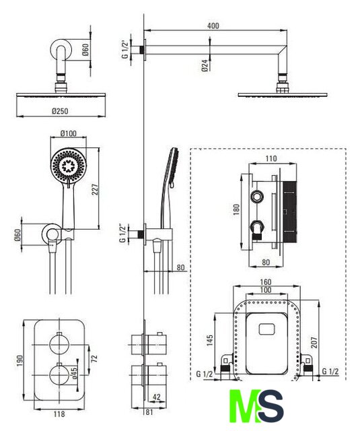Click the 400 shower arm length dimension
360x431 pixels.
pyautogui.click(x=213, y=26)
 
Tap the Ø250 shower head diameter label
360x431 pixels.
pyautogui.click(x=60, y=111)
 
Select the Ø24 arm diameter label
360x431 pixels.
pyautogui.click(x=205, y=66)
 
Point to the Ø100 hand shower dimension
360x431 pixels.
pyautogui.click(x=69, y=133)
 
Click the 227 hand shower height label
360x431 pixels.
pyautogui.click(x=95, y=189)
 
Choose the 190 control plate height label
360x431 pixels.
pyautogui.click(x=20, y=361)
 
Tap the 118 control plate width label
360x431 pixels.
pyautogui.click(x=59, y=413)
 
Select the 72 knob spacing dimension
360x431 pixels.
pyautogui.click(x=94, y=358)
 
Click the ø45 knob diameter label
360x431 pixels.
pyautogui.click(x=74, y=372)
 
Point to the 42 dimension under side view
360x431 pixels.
pyautogui.click(x=156, y=397)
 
